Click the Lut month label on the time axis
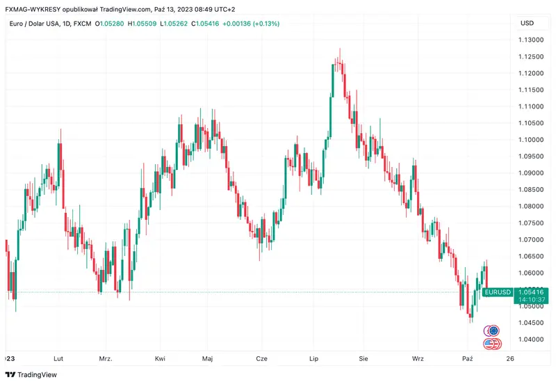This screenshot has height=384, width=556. pos(58,358)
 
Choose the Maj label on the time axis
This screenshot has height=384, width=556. pos(207,358)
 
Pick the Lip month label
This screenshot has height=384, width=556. pos(313,358)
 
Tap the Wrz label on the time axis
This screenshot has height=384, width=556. pos(418,358)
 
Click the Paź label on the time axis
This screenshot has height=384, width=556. pos(468,358)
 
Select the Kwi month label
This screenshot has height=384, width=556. pos(160,358)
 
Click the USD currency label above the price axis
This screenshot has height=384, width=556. pos(527,23)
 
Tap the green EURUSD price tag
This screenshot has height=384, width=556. pos(498,291)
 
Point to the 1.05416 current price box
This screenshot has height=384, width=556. pos(532,291)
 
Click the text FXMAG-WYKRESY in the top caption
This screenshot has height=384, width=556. pos(28,9)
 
